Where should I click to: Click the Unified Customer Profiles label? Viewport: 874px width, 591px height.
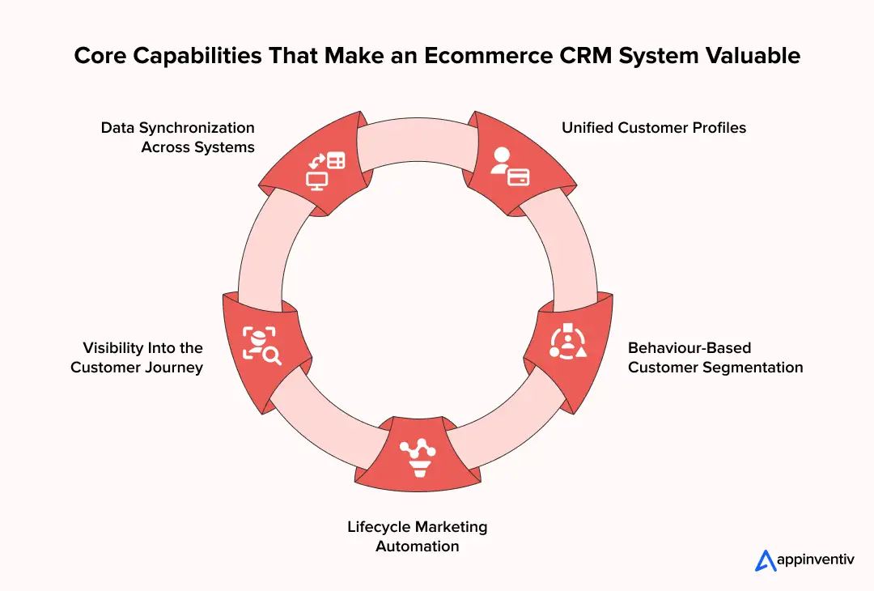pyautogui.click(x=654, y=128)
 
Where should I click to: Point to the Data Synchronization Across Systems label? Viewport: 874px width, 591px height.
pyautogui.click(x=178, y=138)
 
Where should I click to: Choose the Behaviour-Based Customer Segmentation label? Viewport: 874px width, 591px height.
pyautogui.click(x=715, y=358)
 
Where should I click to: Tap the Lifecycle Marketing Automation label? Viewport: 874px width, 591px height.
pyautogui.click(x=418, y=536)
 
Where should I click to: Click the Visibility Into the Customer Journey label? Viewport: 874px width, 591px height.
pyautogui.click(x=137, y=358)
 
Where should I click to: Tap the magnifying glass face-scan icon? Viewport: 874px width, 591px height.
pyautogui.click(x=261, y=344)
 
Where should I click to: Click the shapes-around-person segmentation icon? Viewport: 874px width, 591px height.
pyautogui.click(x=567, y=342)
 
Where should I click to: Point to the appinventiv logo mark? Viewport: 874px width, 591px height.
pyautogui.click(x=765, y=560)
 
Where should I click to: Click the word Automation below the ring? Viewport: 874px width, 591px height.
pyautogui.click(x=418, y=546)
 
